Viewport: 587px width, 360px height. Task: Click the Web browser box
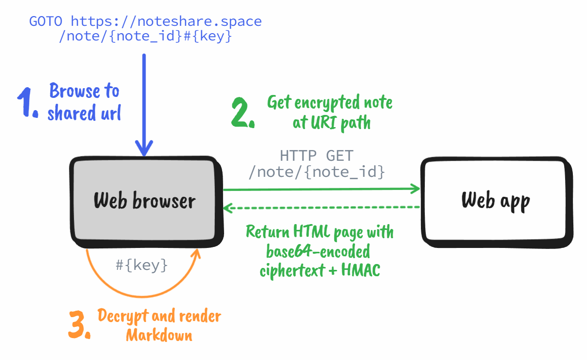(x=145, y=200)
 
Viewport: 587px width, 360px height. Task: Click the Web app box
(x=495, y=200)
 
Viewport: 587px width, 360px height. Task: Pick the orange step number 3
(x=79, y=325)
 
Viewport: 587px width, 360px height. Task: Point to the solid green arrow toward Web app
(x=322, y=189)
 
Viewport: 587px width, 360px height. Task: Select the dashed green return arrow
(x=322, y=208)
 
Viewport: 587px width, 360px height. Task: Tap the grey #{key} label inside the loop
(x=142, y=265)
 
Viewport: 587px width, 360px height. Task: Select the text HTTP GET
(x=317, y=156)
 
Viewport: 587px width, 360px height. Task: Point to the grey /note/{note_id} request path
(x=317, y=172)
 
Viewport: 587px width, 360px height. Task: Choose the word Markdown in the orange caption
(x=159, y=335)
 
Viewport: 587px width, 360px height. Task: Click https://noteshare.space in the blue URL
(x=166, y=21)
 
